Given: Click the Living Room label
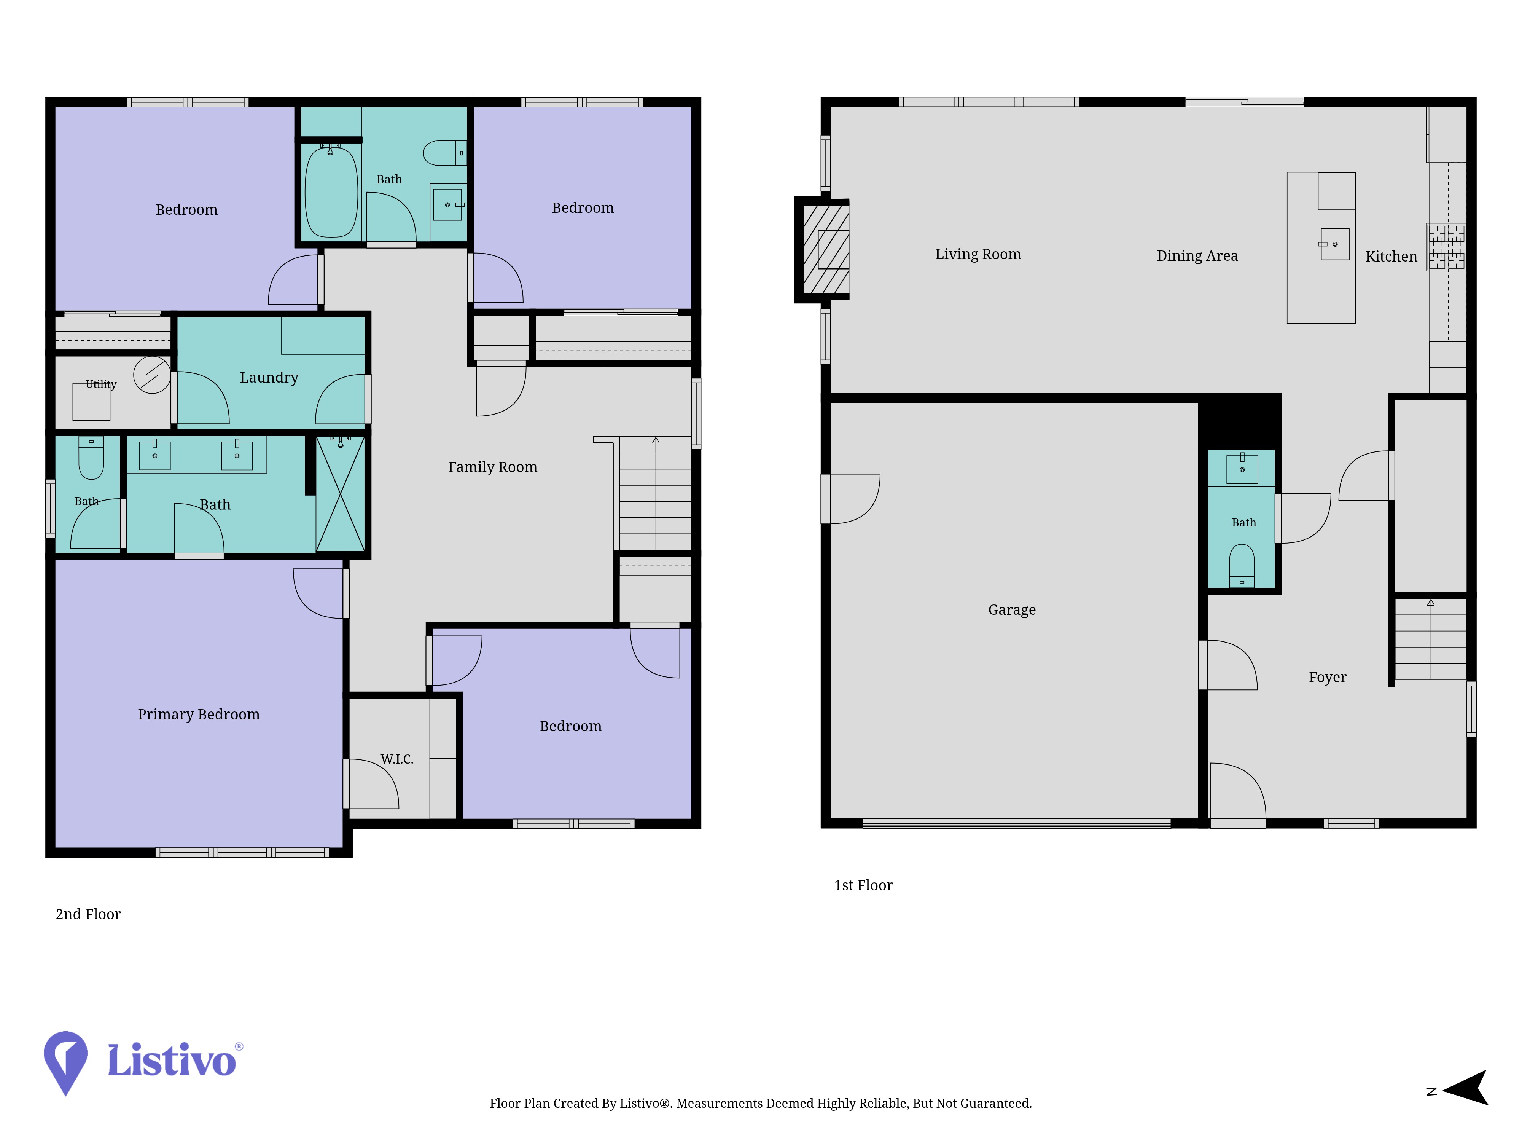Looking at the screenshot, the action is click(978, 254).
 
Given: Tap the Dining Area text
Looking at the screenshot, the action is click(1197, 255).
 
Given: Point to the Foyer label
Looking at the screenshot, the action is click(1327, 677).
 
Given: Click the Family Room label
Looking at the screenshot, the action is click(493, 467).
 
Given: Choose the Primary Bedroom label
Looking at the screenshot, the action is click(199, 714).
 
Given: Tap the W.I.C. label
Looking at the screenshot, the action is click(397, 759).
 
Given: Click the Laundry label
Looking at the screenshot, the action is click(269, 377).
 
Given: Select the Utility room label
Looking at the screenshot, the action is click(101, 384).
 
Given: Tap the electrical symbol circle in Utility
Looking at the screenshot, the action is click(152, 375).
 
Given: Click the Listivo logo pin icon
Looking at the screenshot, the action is click(65, 1062).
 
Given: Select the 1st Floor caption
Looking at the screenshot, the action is click(863, 885).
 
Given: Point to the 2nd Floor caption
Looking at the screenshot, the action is click(88, 914).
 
